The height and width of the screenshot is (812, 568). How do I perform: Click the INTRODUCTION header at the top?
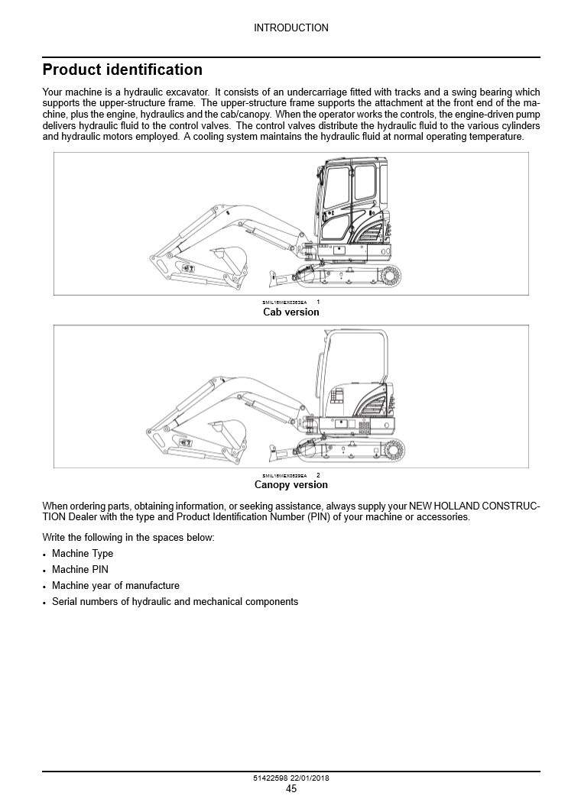pyautogui.click(x=290, y=27)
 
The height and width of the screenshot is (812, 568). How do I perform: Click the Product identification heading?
pyautogui.click(x=122, y=70)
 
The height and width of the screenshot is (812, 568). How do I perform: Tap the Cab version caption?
pyautogui.click(x=290, y=312)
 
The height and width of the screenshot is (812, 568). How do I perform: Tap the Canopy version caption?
pyautogui.click(x=290, y=484)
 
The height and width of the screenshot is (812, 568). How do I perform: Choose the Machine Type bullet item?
pyautogui.click(x=83, y=554)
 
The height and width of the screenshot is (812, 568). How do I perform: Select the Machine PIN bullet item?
pyautogui.click(x=80, y=570)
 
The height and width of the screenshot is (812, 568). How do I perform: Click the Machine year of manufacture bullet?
pyautogui.click(x=115, y=586)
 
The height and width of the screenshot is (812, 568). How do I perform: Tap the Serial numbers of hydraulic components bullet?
pyautogui.click(x=174, y=602)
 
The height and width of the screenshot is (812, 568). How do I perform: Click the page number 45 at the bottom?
pyautogui.click(x=291, y=789)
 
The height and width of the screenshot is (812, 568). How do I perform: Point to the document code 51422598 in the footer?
pyautogui.click(x=271, y=778)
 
